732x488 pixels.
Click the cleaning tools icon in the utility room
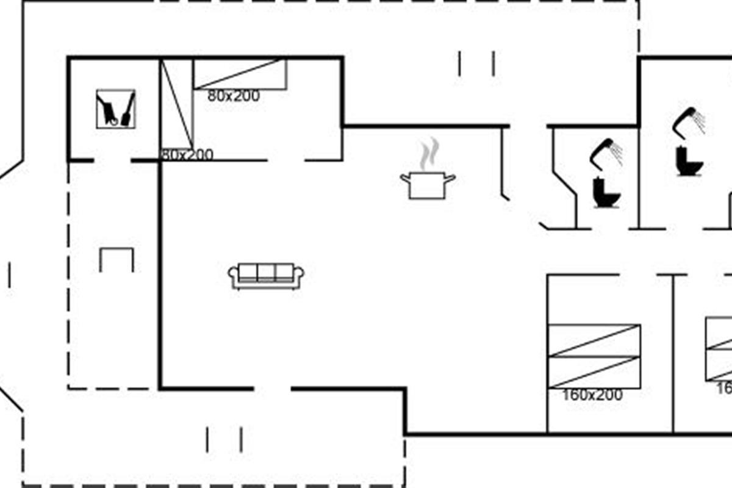pos(116,109)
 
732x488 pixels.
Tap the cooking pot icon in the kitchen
pos(428,185)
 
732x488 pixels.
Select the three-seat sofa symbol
pos(266,276)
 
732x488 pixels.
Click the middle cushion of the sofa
pos(266,272)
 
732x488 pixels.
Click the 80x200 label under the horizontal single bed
pos(234,96)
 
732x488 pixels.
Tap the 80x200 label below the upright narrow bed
pos(187,155)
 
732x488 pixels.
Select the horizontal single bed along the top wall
pos(240,74)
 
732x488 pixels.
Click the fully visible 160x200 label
pos(592,395)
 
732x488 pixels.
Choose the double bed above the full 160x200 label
pos(594,356)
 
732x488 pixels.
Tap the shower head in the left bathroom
pos(606,152)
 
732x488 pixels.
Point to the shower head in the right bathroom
pos(689,120)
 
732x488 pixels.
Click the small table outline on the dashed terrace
pos(117,259)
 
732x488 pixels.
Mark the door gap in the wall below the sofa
pos(272,388)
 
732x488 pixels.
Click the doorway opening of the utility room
pos(112,160)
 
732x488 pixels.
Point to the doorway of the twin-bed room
pos(286,160)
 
